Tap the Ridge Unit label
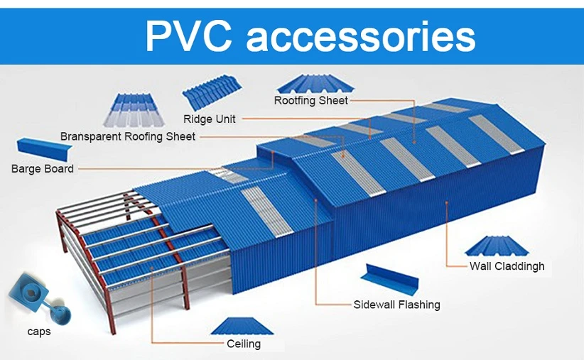point(209,119)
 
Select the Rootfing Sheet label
point(311,100)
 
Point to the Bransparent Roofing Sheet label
point(128,136)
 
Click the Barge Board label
point(43,169)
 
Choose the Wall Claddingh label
point(507,266)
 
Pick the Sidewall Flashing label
point(396,305)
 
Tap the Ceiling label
point(244,344)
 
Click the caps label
point(39,331)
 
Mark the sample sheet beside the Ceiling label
point(242,326)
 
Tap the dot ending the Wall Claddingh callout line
point(447,202)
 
